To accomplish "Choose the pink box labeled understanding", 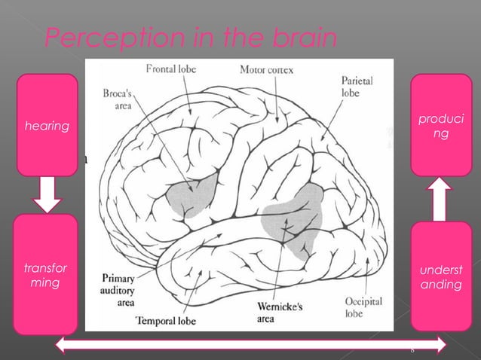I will [440, 276].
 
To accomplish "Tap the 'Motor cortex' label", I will [266, 70].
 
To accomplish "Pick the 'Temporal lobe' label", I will [170, 320].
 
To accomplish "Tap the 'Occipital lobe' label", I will [363, 307].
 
